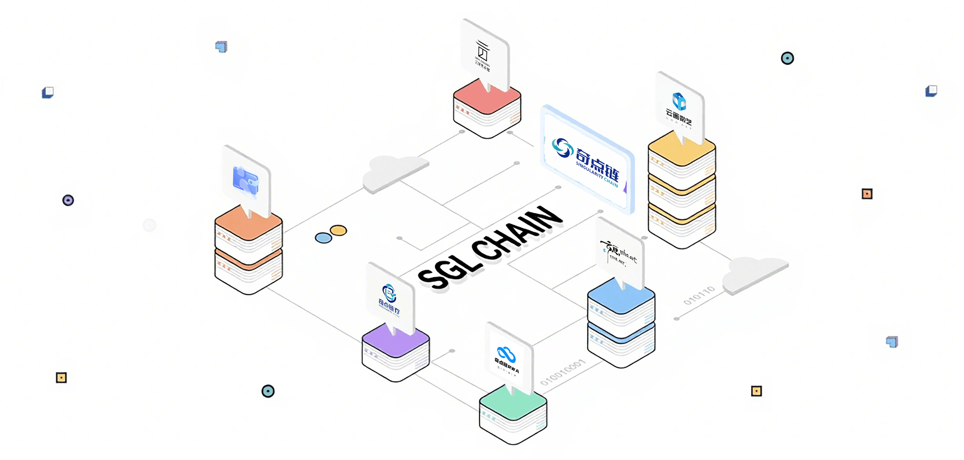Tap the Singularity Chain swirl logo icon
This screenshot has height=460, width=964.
point(562,148)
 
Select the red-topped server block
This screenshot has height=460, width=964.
point(487,109)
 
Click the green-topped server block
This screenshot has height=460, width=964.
point(513,416)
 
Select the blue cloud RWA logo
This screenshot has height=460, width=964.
point(506,354)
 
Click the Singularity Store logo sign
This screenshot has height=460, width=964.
point(389,300)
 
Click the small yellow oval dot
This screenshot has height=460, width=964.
point(339,230)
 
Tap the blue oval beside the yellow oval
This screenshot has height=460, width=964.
point(323,238)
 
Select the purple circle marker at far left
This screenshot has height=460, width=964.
point(68,200)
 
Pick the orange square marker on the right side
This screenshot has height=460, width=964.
point(867,194)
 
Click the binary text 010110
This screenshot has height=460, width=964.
point(699,295)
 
